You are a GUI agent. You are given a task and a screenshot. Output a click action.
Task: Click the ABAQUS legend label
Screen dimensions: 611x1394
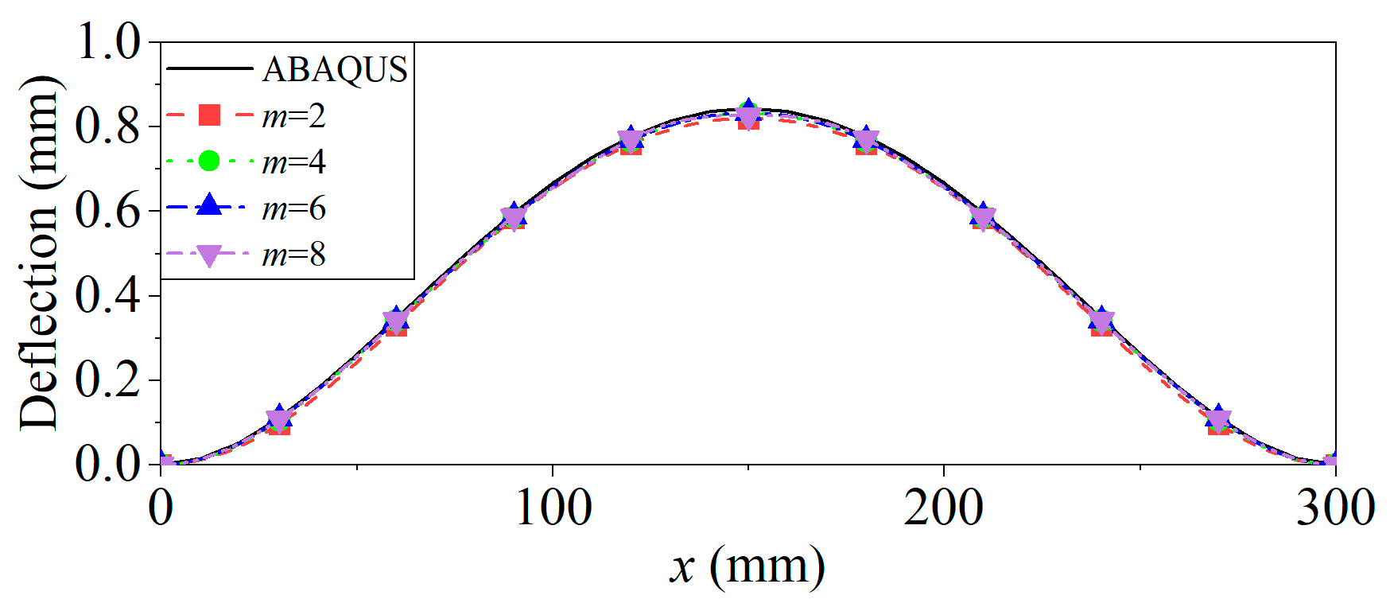pos(335,70)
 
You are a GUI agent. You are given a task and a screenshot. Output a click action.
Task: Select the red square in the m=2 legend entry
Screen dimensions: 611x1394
pos(209,115)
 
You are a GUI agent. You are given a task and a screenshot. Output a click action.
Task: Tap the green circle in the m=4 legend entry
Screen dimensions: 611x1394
pos(208,162)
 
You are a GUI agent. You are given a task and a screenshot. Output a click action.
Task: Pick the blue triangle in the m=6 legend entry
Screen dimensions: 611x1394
pos(209,205)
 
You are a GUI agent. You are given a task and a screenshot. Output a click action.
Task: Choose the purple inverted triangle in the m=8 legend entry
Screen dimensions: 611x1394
pos(209,255)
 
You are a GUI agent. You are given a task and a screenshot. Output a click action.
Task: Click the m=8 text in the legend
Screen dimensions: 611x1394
pos(293,255)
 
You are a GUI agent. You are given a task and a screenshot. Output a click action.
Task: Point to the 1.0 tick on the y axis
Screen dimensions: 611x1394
pos(107,41)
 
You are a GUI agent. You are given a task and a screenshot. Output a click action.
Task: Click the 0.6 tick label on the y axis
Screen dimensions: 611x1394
pos(107,211)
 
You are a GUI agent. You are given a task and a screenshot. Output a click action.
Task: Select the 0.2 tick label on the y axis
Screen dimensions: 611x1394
pos(107,379)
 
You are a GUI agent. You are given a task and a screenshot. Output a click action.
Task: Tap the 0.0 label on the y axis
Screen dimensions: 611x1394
pos(107,464)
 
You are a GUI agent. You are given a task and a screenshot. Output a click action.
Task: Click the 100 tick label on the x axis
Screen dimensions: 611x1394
pos(553,508)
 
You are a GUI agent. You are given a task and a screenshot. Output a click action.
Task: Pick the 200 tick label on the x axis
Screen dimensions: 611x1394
pos(943,508)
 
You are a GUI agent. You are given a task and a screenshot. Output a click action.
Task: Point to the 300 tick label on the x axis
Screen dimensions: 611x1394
pos(1334,508)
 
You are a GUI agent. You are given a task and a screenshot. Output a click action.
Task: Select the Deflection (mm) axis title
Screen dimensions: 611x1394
pos(40,253)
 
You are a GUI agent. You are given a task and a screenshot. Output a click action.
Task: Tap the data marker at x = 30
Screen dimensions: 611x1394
pos(278,419)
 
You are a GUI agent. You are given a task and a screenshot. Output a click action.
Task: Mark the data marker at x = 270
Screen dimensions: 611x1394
pos(1218,419)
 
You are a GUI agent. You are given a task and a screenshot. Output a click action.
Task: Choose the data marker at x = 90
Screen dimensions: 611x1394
pos(514,216)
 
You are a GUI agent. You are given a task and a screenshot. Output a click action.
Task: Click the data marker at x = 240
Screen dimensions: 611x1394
pos(1101,321)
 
